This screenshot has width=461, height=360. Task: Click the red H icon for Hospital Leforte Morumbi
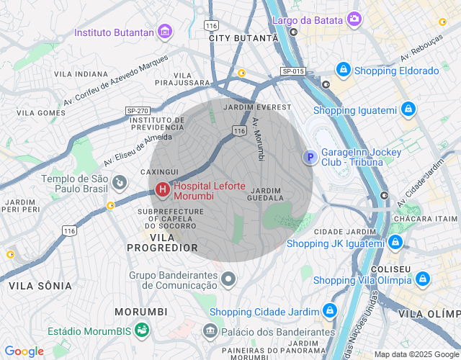click(163, 190)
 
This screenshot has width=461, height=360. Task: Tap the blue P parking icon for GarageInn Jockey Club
click(310, 158)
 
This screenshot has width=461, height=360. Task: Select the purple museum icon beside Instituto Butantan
click(166, 32)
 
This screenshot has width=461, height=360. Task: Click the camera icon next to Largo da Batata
click(354, 19)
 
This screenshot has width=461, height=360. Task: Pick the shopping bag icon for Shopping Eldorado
click(343, 71)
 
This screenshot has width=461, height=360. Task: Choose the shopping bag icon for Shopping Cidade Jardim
click(329, 311)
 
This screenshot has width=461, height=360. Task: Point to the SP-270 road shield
click(137, 110)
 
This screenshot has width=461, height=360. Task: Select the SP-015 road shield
click(293, 71)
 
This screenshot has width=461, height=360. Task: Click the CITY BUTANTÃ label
click(243, 37)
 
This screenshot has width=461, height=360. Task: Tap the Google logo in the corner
click(24, 351)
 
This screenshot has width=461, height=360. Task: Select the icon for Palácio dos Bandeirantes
click(210, 331)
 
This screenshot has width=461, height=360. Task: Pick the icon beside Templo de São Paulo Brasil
click(119, 184)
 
